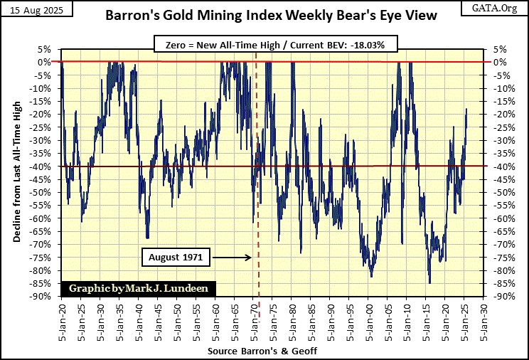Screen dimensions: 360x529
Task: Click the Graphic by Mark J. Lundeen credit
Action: click(139, 288)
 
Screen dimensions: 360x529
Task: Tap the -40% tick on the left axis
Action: click(43, 166)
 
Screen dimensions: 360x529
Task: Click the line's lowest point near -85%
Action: click(429, 283)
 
